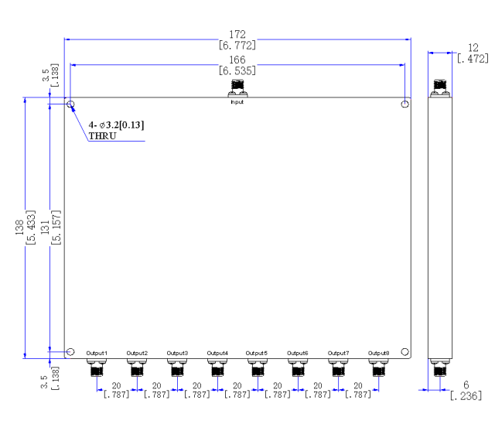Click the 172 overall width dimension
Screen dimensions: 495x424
[237, 34]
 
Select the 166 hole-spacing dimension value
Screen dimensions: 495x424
[237, 60]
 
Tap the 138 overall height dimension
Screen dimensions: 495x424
[19, 227]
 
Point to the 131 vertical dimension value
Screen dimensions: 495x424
[45, 227]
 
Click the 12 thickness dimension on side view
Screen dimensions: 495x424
[473, 48]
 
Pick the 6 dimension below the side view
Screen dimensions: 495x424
[466, 385]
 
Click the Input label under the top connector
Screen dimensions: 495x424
[237, 102]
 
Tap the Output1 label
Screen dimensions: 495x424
[97, 353]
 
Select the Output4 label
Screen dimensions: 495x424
[217, 353]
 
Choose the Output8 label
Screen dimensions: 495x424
[379, 353]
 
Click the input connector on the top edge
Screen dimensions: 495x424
[237, 88]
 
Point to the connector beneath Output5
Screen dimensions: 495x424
[258, 368]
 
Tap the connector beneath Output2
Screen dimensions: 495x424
[137, 368]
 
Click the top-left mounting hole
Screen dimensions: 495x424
[70, 104]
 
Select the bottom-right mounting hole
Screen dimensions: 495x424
[405, 352]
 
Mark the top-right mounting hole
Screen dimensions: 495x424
[405, 104]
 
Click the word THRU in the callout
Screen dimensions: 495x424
[103, 136]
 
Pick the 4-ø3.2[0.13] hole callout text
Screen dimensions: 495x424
[116, 125]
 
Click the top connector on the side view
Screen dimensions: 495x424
[440, 88]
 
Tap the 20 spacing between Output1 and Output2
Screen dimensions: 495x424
[117, 386]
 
